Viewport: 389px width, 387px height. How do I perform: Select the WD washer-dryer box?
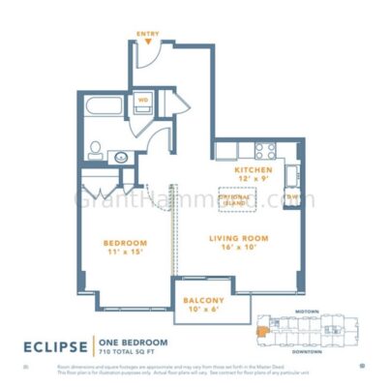click(x=140, y=100)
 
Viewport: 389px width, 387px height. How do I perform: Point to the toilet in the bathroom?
click(x=97, y=149)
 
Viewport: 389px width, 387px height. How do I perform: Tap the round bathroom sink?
click(x=121, y=155)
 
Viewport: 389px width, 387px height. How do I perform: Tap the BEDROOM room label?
click(x=126, y=242)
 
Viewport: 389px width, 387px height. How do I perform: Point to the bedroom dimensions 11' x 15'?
click(x=126, y=252)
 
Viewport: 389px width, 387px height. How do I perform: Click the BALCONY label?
click(x=203, y=300)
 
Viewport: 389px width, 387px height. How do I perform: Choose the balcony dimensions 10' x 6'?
click(x=203, y=310)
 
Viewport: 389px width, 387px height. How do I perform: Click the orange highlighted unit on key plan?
click(x=261, y=330)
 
